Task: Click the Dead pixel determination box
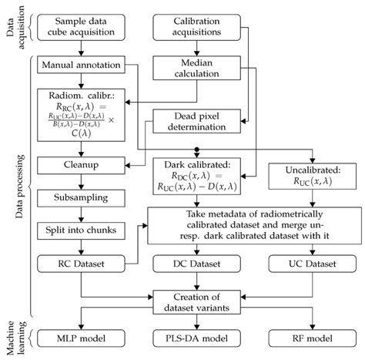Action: coord(197,123)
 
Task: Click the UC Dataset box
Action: coord(312,264)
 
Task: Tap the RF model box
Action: coord(312,339)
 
